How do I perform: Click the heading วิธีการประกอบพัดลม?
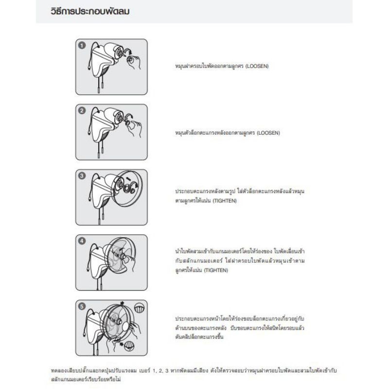[90, 11]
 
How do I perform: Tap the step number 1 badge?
[82, 45]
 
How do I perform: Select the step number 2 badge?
[82, 111]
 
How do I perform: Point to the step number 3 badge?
[82, 176]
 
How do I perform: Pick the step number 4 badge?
[82, 241]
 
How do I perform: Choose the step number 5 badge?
[82, 306]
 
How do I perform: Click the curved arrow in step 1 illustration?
[128, 51]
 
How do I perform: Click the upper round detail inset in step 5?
[139, 308]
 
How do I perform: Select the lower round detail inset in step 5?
[129, 346]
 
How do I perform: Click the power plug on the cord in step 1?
[89, 67]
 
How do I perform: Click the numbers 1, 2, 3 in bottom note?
[160, 371]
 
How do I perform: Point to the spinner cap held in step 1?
[131, 59]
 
